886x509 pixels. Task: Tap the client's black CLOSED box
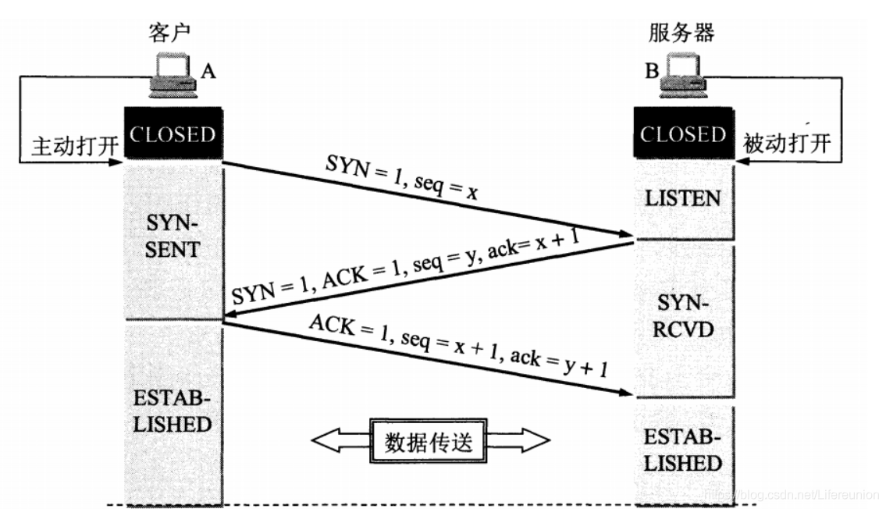tap(173, 134)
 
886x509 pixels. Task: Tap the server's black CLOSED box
tap(683, 134)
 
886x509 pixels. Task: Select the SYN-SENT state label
tap(173, 238)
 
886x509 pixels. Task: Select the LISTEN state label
tap(683, 198)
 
